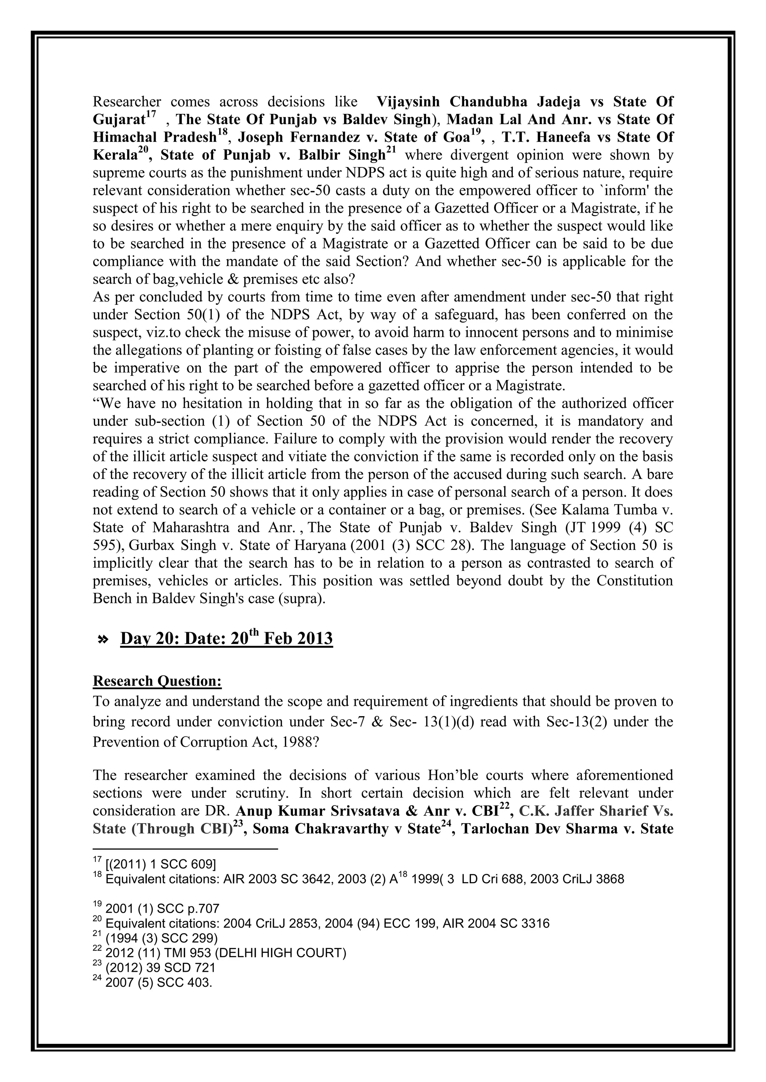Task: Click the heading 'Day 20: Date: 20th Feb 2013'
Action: point(226,639)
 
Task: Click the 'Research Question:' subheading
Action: point(157,681)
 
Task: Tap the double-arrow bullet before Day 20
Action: point(102,640)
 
